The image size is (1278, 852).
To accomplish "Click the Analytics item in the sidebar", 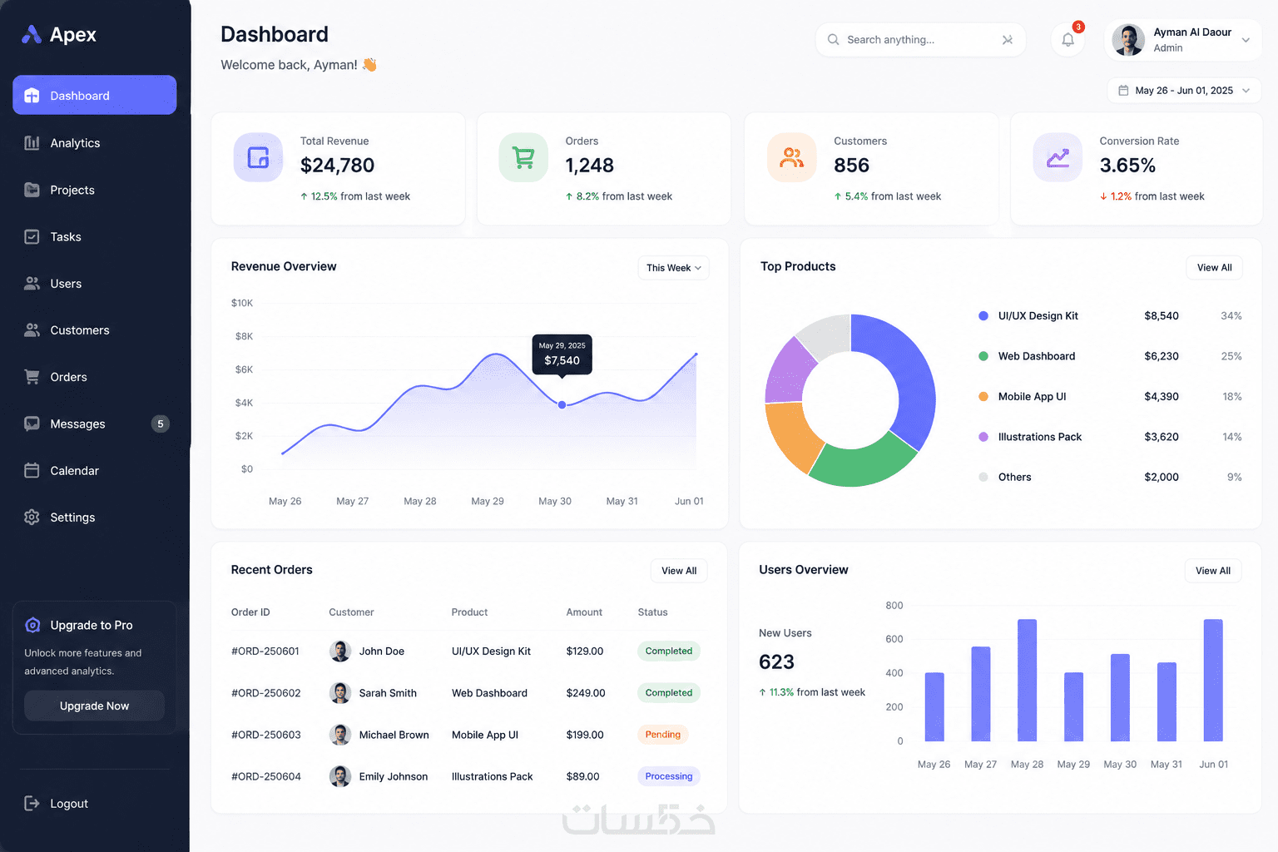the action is click(x=62, y=142).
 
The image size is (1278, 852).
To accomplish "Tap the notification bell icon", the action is click(x=1068, y=39).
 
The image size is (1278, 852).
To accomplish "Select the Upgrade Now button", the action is click(x=94, y=706).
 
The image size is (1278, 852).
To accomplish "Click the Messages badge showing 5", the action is click(x=161, y=424).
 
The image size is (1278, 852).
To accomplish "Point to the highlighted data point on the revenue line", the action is click(x=562, y=404).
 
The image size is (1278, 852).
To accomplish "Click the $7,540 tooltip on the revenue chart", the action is click(x=562, y=354).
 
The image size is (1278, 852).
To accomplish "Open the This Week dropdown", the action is click(x=673, y=268).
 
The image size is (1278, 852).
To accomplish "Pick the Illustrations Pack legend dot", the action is click(x=983, y=437).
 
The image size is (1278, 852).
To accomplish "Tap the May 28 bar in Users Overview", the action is click(x=1027, y=681).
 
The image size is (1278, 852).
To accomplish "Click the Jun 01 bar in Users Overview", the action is click(x=1213, y=681).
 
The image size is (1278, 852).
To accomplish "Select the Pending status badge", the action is click(x=663, y=735).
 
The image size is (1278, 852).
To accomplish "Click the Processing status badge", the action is click(x=669, y=776).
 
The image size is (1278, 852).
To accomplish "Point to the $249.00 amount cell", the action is click(x=586, y=693).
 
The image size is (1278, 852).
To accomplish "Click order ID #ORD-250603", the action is click(x=266, y=735).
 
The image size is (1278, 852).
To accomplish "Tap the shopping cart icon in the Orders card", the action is click(x=523, y=157).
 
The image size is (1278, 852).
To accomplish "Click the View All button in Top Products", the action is click(x=1214, y=268).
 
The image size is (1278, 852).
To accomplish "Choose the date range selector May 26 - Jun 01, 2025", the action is click(x=1184, y=91).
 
